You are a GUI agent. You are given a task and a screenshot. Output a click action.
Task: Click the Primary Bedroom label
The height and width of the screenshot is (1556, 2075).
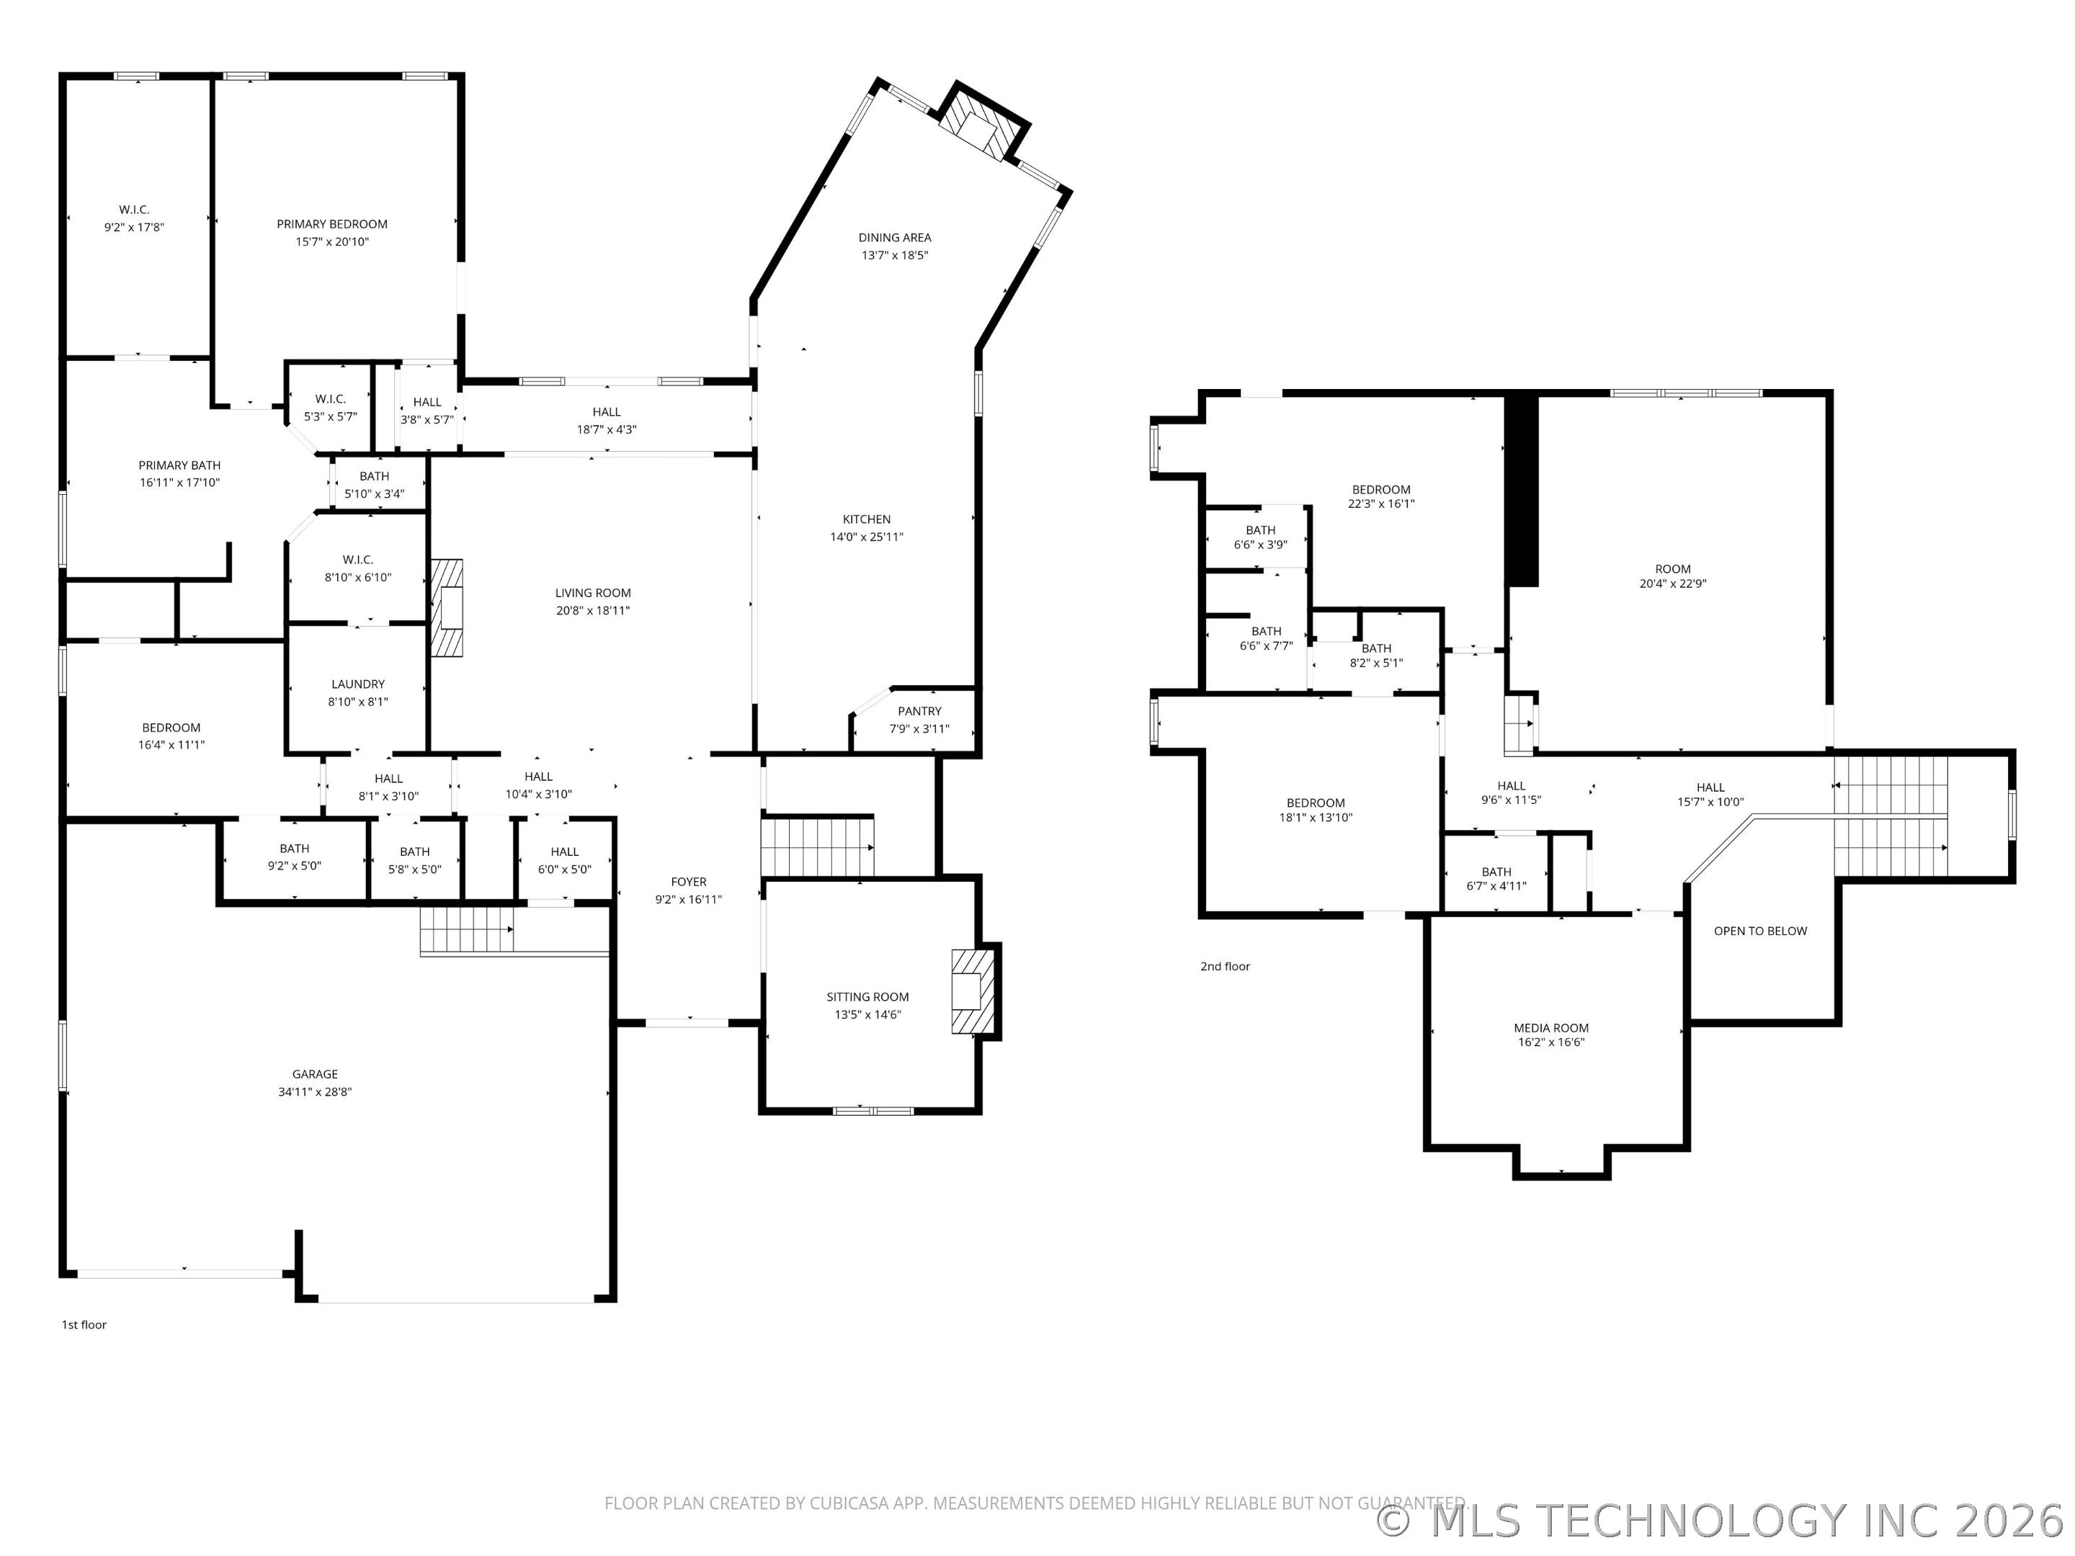pyautogui.click(x=331, y=224)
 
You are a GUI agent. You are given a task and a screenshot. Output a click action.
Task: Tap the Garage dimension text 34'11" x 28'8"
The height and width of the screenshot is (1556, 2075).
pyautogui.click(x=314, y=1092)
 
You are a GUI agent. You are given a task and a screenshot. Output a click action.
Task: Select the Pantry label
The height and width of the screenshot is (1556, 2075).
pyautogui.click(x=919, y=711)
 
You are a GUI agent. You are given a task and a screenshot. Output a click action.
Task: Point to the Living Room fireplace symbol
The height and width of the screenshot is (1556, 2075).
pyautogui.click(x=447, y=608)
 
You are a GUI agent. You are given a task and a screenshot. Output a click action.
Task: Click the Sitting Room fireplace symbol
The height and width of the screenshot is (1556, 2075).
pyautogui.click(x=971, y=991)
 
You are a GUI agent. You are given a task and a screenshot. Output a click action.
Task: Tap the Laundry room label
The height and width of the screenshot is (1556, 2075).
pyautogui.click(x=357, y=684)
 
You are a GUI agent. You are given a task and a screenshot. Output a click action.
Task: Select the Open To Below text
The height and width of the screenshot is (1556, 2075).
pyautogui.click(x=1760, y=931)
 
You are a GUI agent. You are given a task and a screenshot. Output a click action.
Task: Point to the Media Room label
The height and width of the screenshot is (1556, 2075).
pyautogui.click(x=1550, y=1028)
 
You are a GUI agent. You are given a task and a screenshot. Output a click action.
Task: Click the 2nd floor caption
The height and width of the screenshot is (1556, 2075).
pyautogui.click(x=1225, y=966)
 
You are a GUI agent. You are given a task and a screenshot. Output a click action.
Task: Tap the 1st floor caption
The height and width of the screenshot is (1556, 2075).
pyautogui.click(x=84, y=1324)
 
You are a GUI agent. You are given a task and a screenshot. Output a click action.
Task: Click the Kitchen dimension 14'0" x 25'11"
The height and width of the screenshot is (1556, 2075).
pyautogui.click(x=866, y=537)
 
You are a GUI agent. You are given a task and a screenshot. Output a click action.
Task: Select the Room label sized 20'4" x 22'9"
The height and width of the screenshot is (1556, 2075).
pyautogui.click(x=1672, y=568)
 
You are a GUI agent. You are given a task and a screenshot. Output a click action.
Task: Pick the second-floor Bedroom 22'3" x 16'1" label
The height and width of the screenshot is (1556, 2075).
pyautogui.click(x=1381, y=490)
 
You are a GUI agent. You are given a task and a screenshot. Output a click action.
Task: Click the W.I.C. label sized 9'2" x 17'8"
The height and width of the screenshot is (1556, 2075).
pyautogui.click(x=134, y=210)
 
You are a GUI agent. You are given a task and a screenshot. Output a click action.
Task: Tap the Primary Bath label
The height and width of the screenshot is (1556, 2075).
pyautogui.click(x=179, y=465)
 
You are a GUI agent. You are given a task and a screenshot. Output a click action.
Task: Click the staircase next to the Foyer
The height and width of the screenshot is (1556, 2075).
pyautogui.click(x=816, y=847)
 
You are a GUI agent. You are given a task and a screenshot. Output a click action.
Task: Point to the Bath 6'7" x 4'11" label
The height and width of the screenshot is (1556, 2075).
pyautogui.click(x=1496, y=872)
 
